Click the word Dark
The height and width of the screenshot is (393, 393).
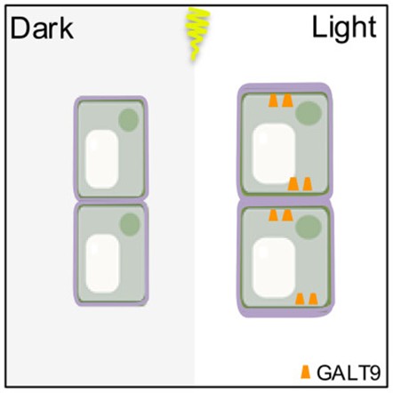(x=42, y=28)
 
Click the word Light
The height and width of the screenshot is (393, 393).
(x=344, y=28)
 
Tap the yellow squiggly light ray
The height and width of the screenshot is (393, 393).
(x=196, y=34)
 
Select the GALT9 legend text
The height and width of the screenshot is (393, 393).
(x=349, y=373)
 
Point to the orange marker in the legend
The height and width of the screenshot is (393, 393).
(x=305, y=372)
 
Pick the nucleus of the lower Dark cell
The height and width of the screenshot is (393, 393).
(x=130, y=224)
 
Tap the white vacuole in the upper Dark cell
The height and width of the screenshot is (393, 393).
(x=102, y=159)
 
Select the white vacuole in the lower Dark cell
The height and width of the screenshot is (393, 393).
(x=102, y=263)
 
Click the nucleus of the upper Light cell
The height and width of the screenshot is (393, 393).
(x=309, y=113)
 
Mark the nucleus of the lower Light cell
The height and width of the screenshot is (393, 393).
(x=309, y=228)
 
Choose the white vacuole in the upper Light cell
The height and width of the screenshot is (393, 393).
(x=274, y=154)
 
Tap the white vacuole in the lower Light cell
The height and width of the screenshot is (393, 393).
(x=274, y=268)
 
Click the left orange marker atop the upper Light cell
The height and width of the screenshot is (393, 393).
(x=273, y=100)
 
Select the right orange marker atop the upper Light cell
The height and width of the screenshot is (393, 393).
(x=287, y=100)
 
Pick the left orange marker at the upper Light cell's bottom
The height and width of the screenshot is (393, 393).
(x=293, y=184)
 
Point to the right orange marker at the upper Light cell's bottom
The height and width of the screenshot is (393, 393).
(x=308, y=184)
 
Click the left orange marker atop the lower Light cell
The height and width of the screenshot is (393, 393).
(x=273, y=215)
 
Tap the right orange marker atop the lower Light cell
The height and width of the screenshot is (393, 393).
(x=287, y=215)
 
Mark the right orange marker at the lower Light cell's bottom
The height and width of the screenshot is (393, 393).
(x=313, y=299)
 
